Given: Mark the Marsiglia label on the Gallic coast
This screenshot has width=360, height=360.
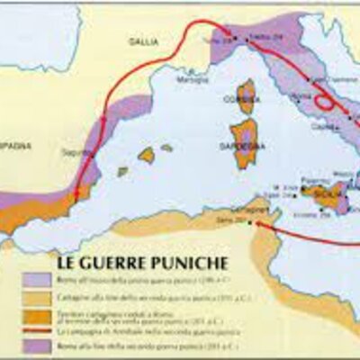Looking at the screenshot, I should click(187, 77).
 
